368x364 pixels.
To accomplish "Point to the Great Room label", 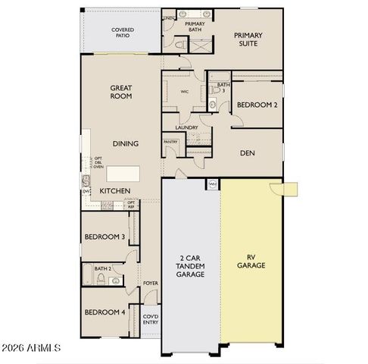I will point(121,93).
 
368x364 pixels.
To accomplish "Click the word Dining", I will point(125,143).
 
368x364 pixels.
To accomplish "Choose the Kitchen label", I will point(115,190).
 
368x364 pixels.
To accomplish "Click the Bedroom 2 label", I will point(256,105).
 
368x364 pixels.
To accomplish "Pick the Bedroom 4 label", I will point(104,312).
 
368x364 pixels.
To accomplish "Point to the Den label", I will point(247,152).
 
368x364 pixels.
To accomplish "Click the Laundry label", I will point(186,127).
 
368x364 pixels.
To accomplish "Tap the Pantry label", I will point(170,142).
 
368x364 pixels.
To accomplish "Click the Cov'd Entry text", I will point(151,319).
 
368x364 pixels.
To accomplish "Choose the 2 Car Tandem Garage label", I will point(191,266).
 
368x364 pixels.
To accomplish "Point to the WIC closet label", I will point(184,92).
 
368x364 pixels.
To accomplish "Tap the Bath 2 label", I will point(103,268).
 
